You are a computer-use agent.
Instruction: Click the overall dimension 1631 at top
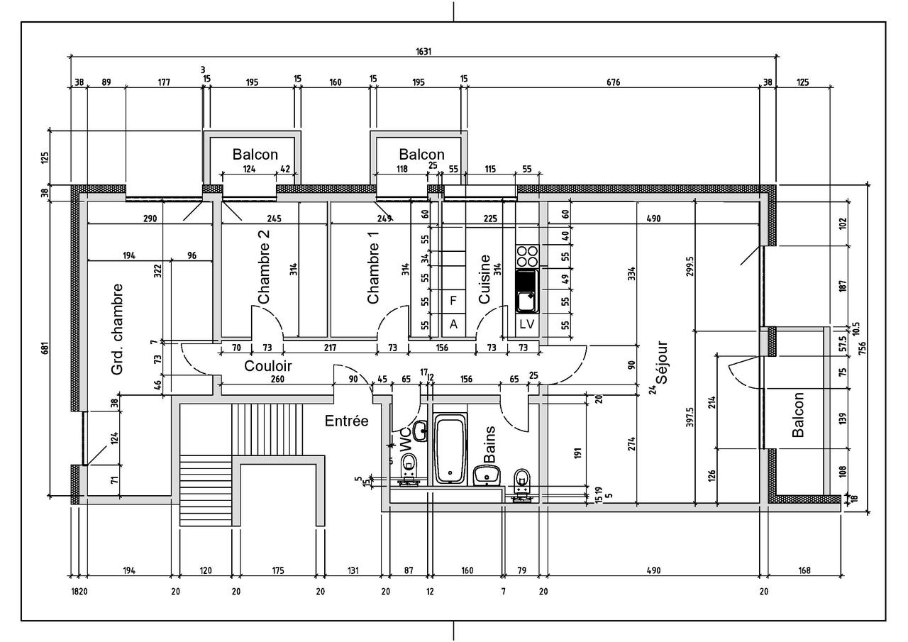pyautogui.click(x=424, y=51)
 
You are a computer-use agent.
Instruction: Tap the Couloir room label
pyautogui.click(x=267, y=366)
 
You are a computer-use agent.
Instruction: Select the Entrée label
pyautogui.click(x=346, y=421)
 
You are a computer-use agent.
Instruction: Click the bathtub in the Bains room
pyautogui.click(x=450, y=448)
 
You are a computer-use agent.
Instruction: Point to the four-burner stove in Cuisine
pyautogui.click(x=526, y=255)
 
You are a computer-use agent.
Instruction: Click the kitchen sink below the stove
pyautogui.click(x=526, y=292)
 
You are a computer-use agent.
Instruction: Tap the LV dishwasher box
pyautogui.click(x=526, y=324)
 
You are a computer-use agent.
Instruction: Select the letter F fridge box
pyautogui.click(x=453, y=300)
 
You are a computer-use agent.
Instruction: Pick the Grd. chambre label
pyautogui.click(x=118, y=329)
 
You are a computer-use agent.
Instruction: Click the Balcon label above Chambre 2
pyautogui.click(x=255, y=154)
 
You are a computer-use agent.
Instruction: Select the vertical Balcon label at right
pyautogui.click(x=798, y=414)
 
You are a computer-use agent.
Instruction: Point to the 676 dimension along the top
pyautogui.click(x=613, y=82)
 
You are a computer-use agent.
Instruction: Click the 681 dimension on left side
pyautogui.click(x=43, y=348)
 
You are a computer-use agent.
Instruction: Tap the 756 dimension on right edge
pyautogui.click(x=863, y=346)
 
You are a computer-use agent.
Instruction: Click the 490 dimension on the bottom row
pyautogui.click(x=653, y=570)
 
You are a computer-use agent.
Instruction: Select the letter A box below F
pyautogui.click(x=453, y=324)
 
